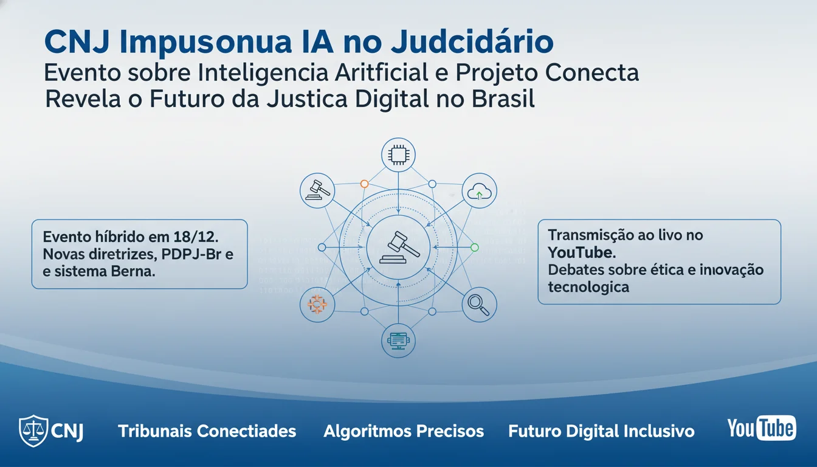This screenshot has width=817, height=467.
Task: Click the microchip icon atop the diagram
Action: point(398,156)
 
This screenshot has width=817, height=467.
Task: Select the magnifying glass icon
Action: point(479,304)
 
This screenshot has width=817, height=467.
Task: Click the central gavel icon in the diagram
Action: point(398,247)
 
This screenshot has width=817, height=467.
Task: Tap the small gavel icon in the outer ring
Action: point(317,190)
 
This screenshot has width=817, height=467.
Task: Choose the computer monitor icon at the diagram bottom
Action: point(398,341)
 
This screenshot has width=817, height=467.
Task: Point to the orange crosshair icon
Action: point(317,303)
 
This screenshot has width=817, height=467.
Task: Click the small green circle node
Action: point(475,247)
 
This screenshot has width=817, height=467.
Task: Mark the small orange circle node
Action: point(364,183)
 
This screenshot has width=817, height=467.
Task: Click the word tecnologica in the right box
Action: point(588,286)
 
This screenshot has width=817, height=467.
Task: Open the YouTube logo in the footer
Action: point(761,428)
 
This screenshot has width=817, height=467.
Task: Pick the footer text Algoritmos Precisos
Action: point(404,432)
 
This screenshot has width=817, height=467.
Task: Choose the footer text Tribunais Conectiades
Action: point(207,432)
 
